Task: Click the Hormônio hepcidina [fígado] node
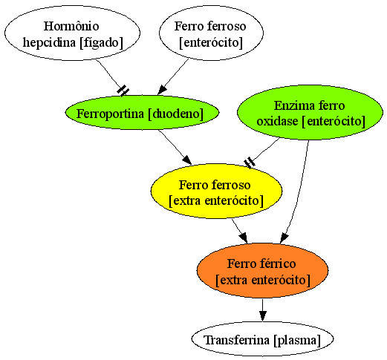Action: [x=72, y=33]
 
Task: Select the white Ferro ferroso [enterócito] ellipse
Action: [x=211, y=33]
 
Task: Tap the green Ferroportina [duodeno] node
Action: [x=142, y=113]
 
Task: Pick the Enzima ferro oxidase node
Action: [x=310, y=113]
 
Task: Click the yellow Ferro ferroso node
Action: [x=216, y=192]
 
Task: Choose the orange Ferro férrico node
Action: [x=263, y=270]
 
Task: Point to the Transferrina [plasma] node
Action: [x=262, y=339]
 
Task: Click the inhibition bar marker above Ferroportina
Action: [x=123, y=91]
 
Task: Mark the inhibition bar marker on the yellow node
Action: [x=250, y=163]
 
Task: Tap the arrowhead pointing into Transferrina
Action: [x=263, y=316]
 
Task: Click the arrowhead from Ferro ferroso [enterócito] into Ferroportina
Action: [x=162, y=90]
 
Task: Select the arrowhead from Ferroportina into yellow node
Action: [x=187, y=160]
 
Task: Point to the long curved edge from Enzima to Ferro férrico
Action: [x=300, y=191]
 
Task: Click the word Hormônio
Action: [x=71, y=26]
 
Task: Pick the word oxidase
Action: [x=277, y=121]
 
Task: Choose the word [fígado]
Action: [x=101, y=42]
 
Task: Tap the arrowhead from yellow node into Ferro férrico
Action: [x=244, y=238]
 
